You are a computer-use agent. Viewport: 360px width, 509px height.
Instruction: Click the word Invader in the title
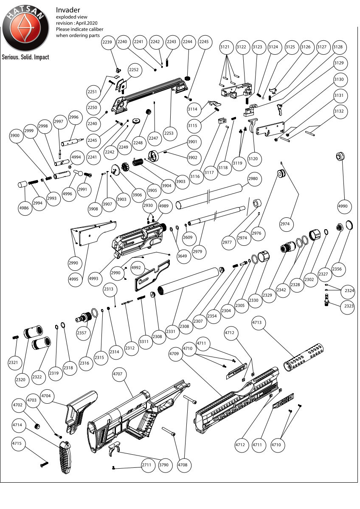tap(68, 9)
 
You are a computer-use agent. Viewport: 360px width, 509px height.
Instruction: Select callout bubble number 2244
tap(187, 42)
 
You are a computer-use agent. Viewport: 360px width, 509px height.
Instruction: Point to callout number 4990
tap(343, 206)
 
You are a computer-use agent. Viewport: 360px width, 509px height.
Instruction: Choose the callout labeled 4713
tap(258, 323)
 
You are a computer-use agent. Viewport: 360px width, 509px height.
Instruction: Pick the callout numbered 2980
tap(253, 179)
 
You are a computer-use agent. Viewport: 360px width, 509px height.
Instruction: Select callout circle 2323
tap(348, 307)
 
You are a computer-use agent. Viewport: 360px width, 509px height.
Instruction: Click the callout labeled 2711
tap(146, 465)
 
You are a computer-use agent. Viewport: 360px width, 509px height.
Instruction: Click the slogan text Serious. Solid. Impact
tap(25, 57)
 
